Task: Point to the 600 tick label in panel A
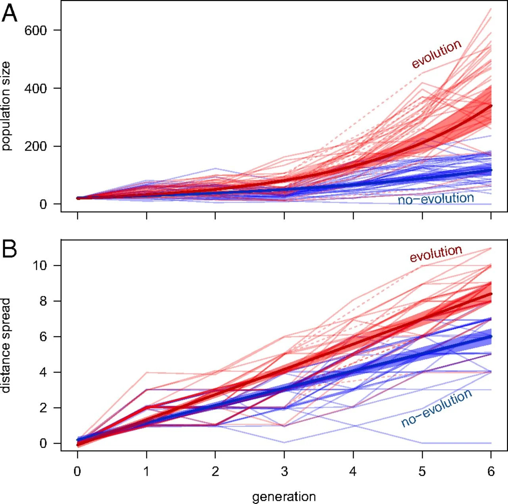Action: click(x=36, y=31)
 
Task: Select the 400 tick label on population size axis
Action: click(x=36, y=88)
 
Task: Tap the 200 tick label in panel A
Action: click(x=36, y=146)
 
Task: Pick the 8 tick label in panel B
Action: click(x=44, y=301)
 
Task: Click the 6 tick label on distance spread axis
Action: click(x=44, y=337)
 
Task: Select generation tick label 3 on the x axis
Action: click(x=284, y=471)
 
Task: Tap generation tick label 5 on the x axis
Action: click(x=422, y=471)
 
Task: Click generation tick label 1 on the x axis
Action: click(x=146, y=471)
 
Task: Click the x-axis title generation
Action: click(x=284, y=497)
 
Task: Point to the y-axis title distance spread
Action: click(x=6, y=346)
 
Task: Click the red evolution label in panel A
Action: click(x=437, y=54)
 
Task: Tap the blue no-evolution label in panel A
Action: click(x=436, y=199)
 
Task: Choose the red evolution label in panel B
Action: click(x=436, y=254)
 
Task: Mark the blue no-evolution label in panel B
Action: click(x=436, y=408)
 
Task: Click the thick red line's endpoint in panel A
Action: click(x=491, y=106)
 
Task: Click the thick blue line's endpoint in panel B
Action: click(x=491, y=336)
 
